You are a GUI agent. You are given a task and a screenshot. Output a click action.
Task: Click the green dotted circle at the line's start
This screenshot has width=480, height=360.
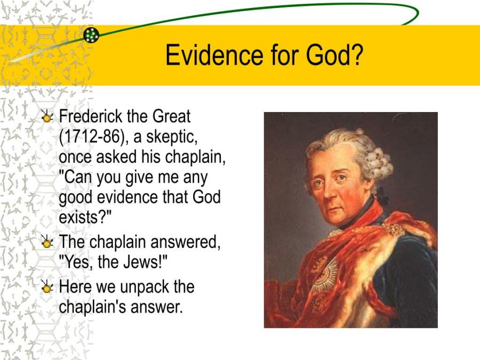(91, 35)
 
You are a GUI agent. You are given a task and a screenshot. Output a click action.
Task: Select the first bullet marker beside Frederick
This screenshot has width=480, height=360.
(47, 116)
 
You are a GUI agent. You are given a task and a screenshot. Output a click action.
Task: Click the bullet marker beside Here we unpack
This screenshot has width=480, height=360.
(47, 287)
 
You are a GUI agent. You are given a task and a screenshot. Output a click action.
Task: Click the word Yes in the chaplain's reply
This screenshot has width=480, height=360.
(76, 262)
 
